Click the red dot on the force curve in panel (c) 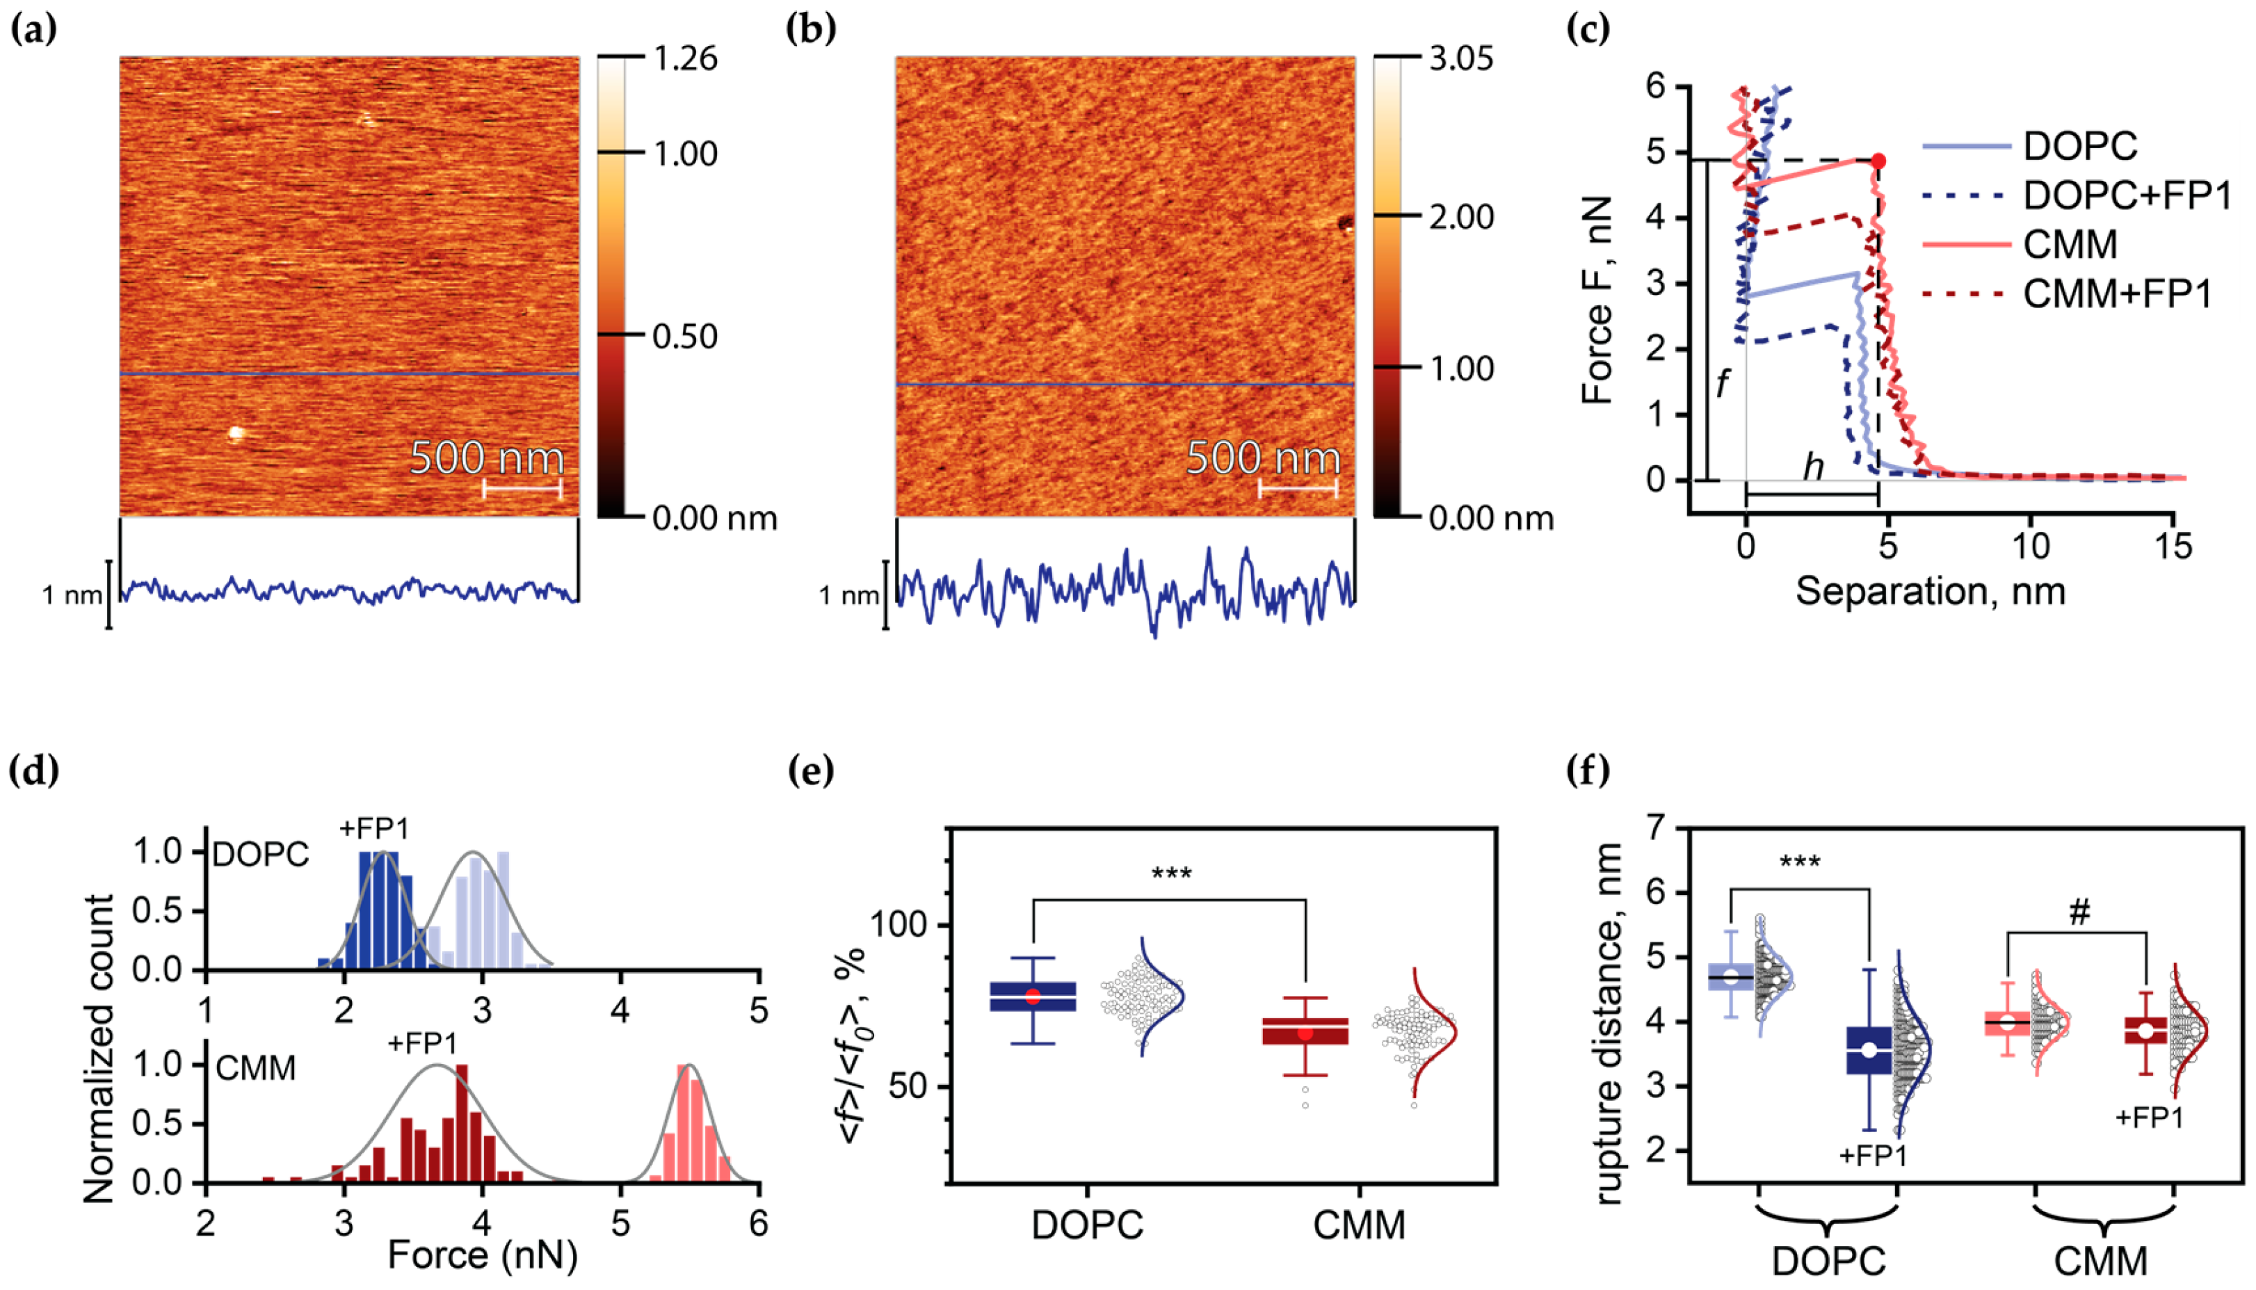[x=1878, y=161]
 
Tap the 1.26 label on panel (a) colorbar [x=685, y=58]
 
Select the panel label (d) [x=33, y=771]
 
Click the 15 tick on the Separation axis [x=2173, y=547]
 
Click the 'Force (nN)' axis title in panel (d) [x=483, y=1255]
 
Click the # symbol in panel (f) [x=2079, y=912]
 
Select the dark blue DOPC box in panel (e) [x=1033, y=996]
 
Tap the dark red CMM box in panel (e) [x=1305, y=1032]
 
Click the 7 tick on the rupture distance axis [x=1663, y=828]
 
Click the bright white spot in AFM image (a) [x=236, y=433]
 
